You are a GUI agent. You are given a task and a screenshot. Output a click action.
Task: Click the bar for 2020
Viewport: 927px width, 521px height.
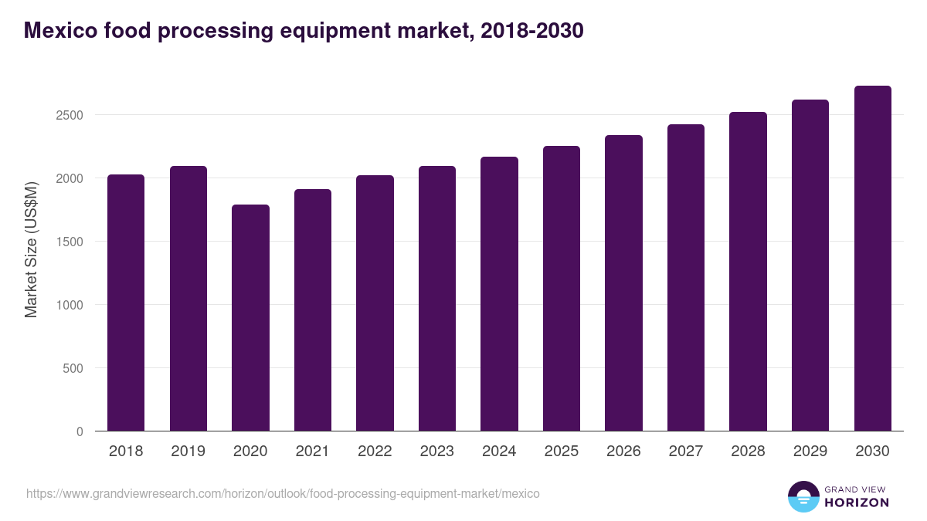click(250, 318)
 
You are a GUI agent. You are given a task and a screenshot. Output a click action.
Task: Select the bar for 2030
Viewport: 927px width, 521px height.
click(872, 259)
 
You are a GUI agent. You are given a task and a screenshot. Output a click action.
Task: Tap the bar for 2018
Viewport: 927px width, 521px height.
click(126, 303)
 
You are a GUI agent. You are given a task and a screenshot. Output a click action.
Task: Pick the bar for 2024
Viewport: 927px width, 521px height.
click(499, 294)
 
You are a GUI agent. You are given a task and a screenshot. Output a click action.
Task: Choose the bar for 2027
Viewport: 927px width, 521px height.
click(686, 278)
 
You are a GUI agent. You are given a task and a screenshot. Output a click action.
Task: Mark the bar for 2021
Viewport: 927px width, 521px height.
click(313, 310)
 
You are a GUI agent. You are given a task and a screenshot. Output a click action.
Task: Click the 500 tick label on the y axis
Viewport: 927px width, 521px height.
click(73, 368)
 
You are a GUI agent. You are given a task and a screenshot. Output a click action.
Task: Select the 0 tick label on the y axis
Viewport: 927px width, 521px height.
click(80, 431)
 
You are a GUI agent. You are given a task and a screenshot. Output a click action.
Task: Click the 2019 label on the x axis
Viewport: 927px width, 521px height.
click(188, 452)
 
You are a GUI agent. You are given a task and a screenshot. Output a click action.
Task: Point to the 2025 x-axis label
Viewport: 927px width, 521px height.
click(562, 452)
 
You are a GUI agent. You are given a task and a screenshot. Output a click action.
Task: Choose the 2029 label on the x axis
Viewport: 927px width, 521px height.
click(810, 452)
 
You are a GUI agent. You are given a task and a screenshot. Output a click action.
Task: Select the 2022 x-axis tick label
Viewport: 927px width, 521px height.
click(375, 452)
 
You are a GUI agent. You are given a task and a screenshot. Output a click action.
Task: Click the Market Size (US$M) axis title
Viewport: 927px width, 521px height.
click(31, 249)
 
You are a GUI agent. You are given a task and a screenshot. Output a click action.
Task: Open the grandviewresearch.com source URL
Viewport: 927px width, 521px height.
click(283, 493)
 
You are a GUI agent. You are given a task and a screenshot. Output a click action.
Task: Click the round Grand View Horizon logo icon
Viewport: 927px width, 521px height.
click(803, 496)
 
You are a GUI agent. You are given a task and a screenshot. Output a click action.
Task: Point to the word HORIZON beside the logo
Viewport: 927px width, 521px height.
click(857, 502)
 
